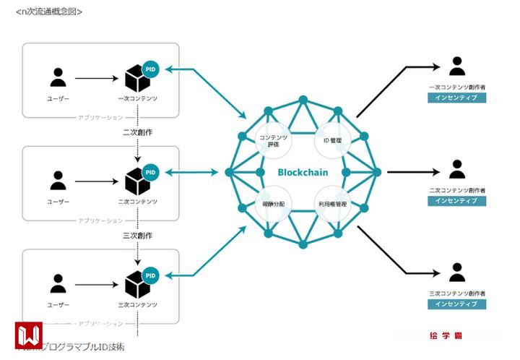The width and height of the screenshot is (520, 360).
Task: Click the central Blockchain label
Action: (x=303, y=173)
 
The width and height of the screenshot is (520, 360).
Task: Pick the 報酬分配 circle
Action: (x=273, y=205)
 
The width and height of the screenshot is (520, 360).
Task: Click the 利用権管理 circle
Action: (x=332, y=205)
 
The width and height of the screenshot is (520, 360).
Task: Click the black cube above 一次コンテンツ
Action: (x=136, y=77)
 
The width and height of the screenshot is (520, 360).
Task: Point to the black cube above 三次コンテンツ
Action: (x=136, y=283)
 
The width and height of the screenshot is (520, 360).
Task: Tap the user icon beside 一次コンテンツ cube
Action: (x=58, y=77)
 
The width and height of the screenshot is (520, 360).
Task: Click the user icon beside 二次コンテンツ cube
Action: (x=58, y=180)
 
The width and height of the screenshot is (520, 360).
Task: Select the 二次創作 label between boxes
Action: (x=136, y=132)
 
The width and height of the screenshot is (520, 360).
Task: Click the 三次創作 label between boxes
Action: (x=136, y=236)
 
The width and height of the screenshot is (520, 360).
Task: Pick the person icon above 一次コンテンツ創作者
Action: (x=456, y=67)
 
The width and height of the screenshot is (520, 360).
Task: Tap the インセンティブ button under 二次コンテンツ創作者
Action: (x=456, y=201)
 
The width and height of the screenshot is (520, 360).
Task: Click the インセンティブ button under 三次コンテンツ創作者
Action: (x=456, y=304)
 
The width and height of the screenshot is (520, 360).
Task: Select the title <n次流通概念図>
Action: (x=49, y=12)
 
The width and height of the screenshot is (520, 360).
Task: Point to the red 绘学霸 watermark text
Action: (x=446, y=336)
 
